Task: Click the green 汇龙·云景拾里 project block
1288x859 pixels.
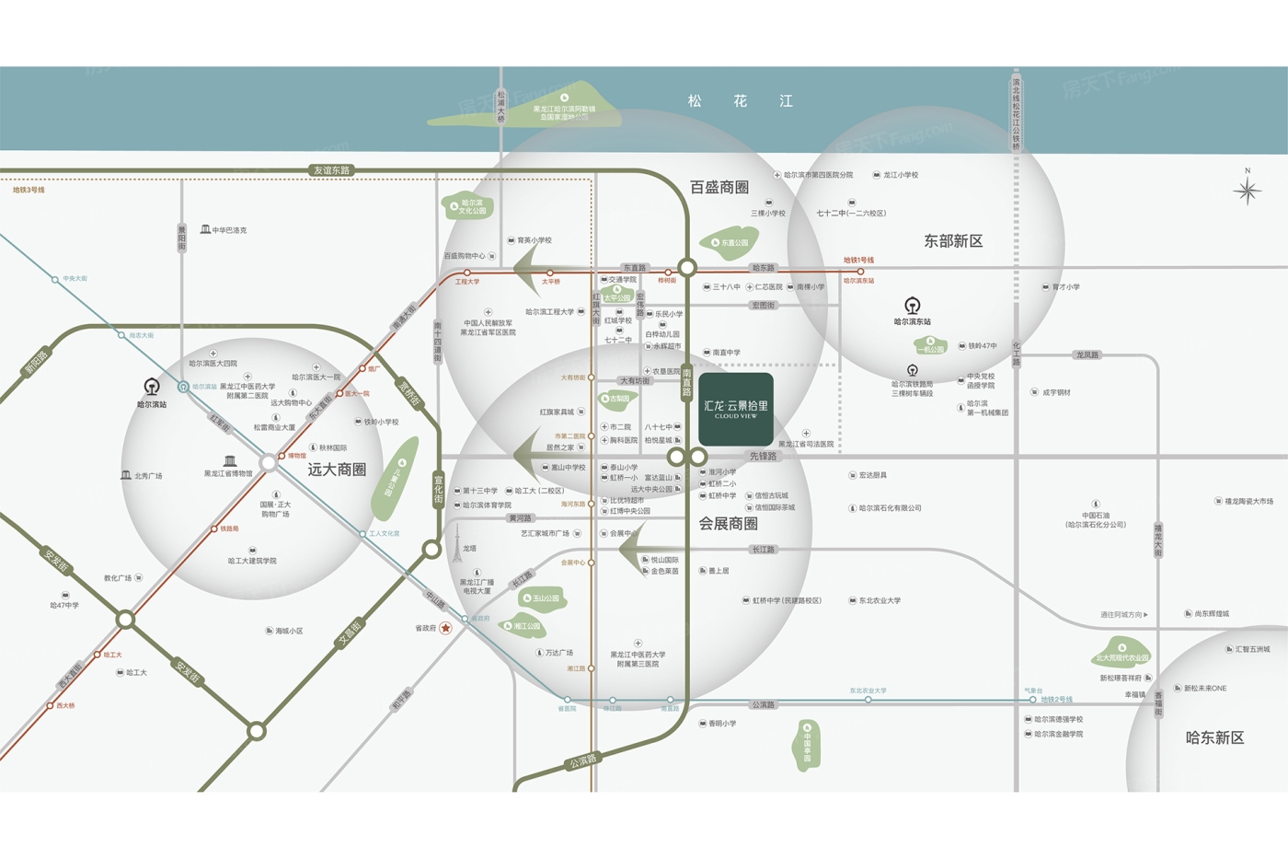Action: tap(735, 410)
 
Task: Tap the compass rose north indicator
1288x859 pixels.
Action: tap(1248, 190)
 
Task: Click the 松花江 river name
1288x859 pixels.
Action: tap(740, 101)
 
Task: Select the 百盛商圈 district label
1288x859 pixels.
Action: tap(719, 188)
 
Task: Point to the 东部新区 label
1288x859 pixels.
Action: tap(953, 241)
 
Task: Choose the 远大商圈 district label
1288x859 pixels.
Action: tap(337, 470)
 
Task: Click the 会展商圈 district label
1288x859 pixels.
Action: tap(728, 524)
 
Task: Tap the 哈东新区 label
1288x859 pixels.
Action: tap(1214, 737)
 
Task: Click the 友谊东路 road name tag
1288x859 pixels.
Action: tap(331, 170)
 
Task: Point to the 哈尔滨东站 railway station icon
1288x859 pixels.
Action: tap(912, 306)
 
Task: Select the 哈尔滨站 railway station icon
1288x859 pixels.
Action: tap(152, 387)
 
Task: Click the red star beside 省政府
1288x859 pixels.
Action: tap(445, 628)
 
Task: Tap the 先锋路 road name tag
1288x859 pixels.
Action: tap(763, 456)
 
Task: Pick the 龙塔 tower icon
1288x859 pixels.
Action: tap(456, 546)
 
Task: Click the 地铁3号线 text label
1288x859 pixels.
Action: tap(29, 190)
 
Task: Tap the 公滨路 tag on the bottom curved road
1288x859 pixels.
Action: tap(582, 760)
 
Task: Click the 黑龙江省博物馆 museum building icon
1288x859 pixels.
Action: tap(230, 461)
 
